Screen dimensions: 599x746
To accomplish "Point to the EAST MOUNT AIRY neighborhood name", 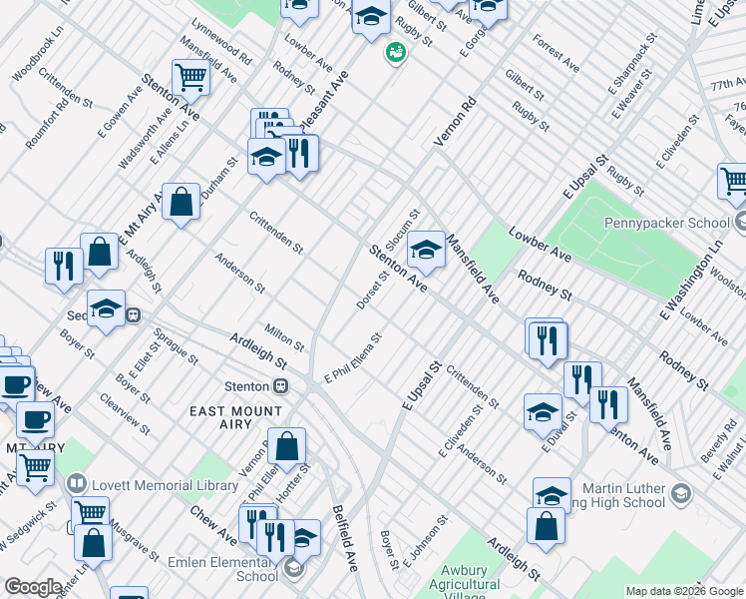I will [238, 410].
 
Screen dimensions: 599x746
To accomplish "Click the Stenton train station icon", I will [282, 386].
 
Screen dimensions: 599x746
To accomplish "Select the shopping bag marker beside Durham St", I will [181, 203].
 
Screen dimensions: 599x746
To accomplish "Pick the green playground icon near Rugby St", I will [396, 51].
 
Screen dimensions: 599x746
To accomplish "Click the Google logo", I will [33, 587].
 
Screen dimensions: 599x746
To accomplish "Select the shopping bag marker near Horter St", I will [287, 447].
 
